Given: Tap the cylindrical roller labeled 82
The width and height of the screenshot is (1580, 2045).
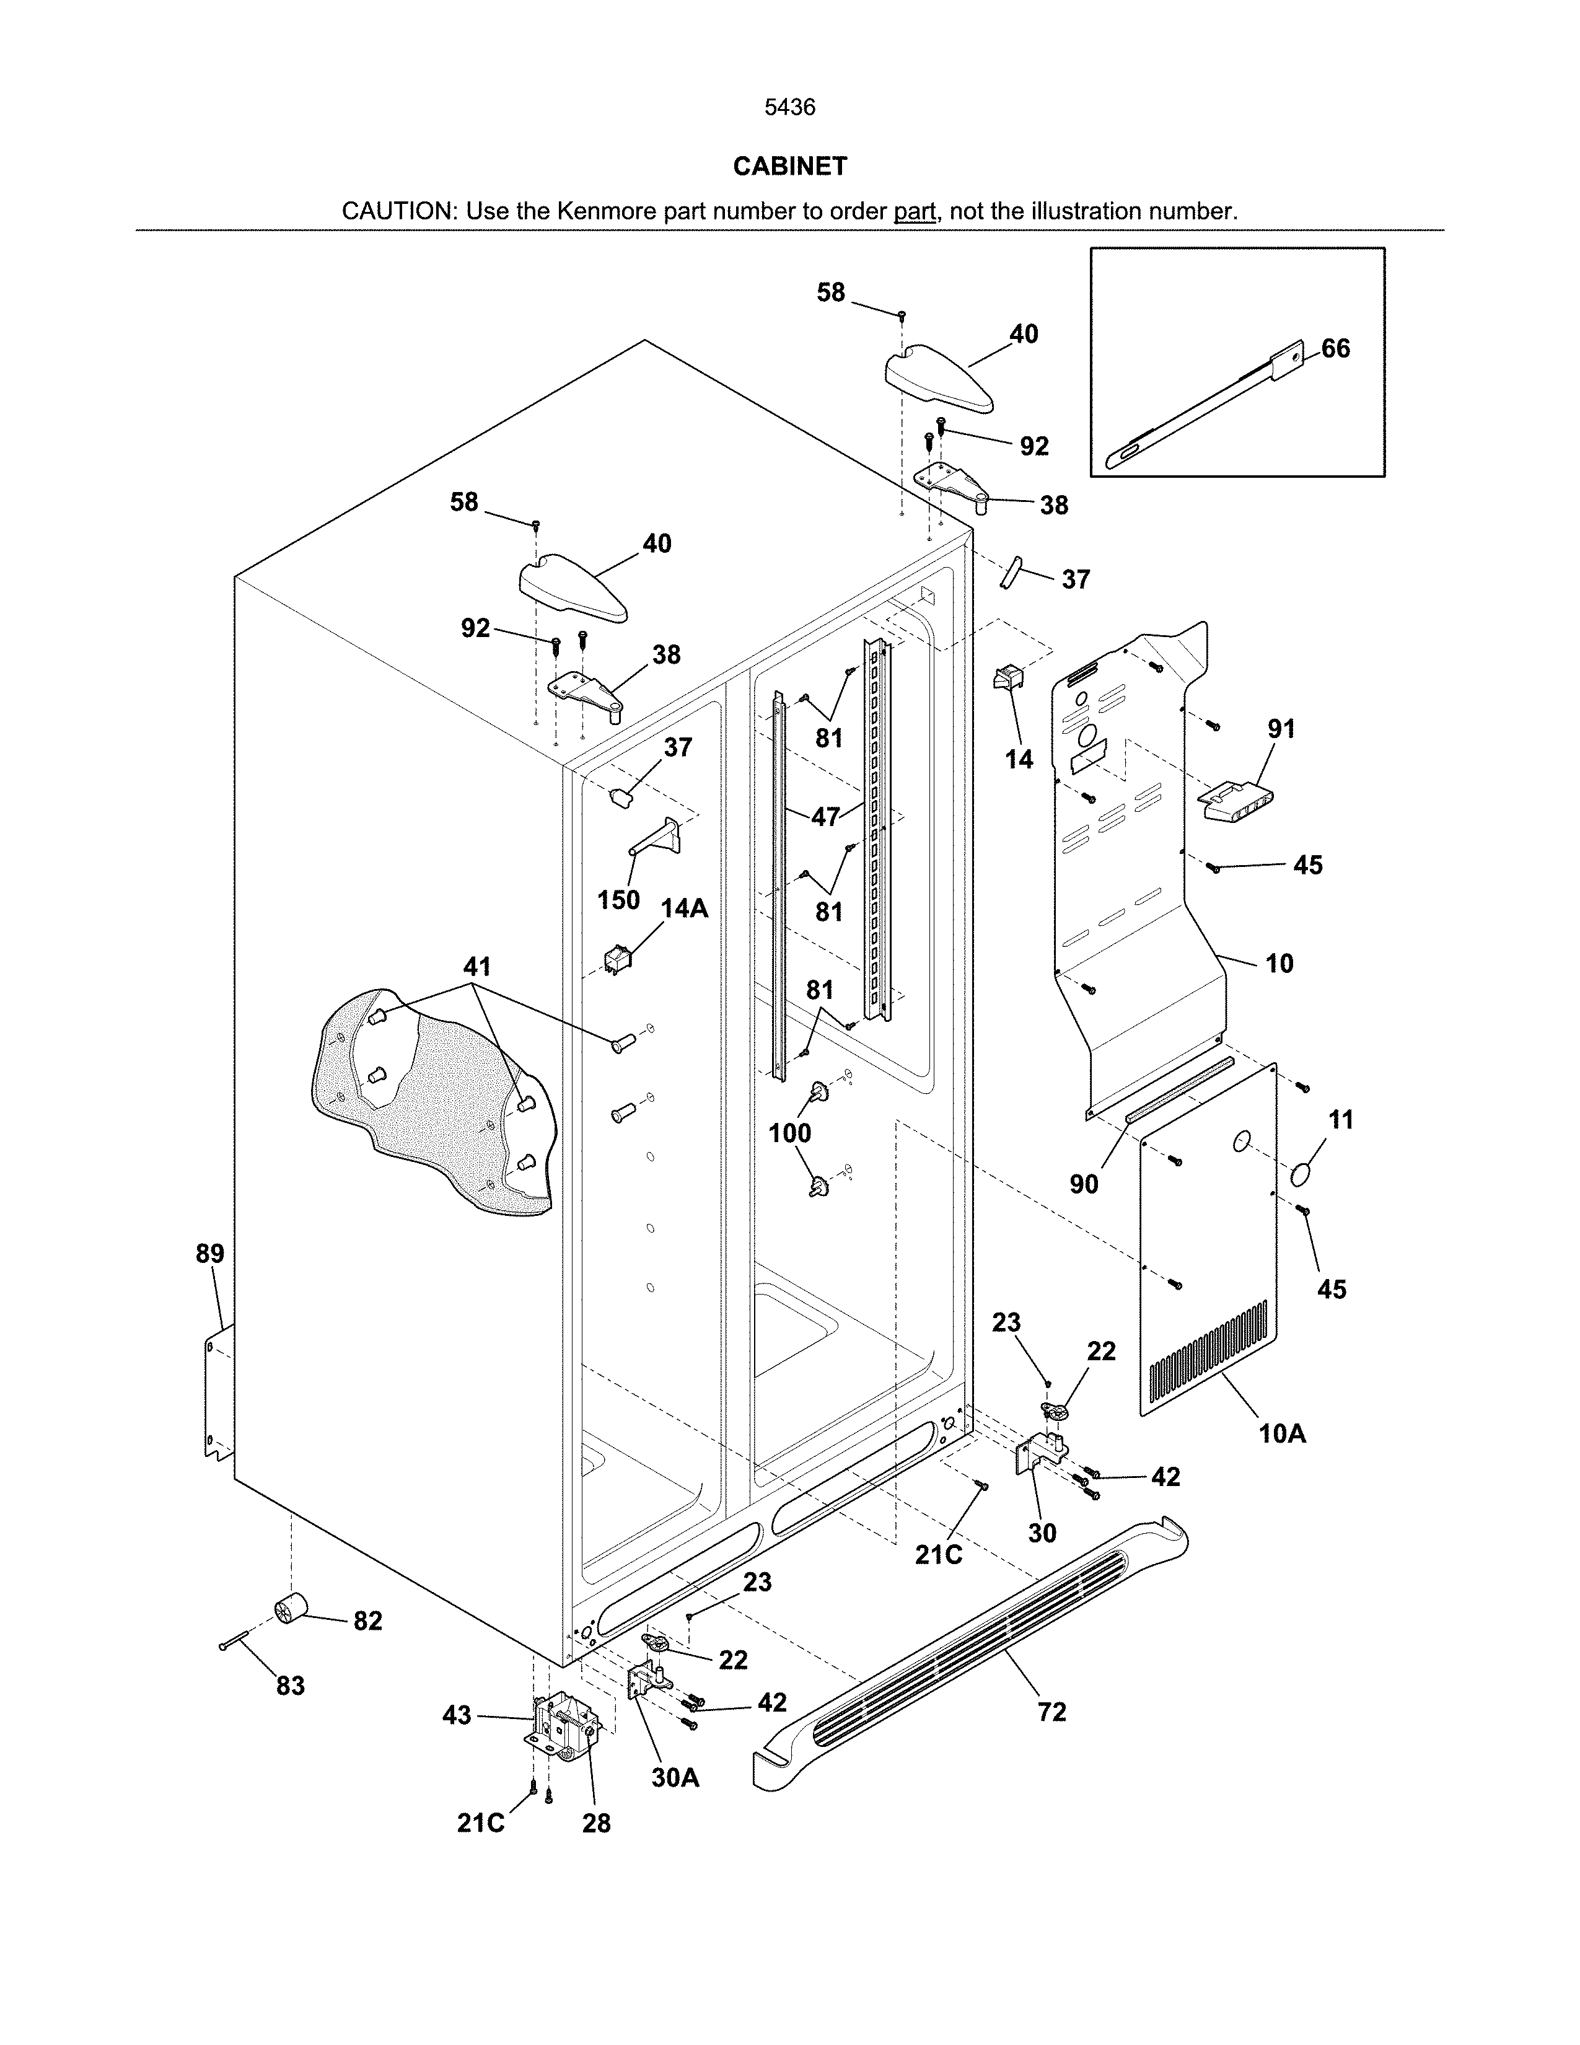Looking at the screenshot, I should (x=291, y=1611).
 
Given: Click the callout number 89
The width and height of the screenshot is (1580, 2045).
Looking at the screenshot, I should (x=209, y=1254).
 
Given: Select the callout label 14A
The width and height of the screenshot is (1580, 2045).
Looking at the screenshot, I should (x=684, y=908).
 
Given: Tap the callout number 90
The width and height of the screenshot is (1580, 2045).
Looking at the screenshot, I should (x=1083, y=1184).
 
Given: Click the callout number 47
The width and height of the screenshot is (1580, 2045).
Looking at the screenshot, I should (x=825, y=817).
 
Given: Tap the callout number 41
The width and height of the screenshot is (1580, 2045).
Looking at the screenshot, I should (x=477, y=965).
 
